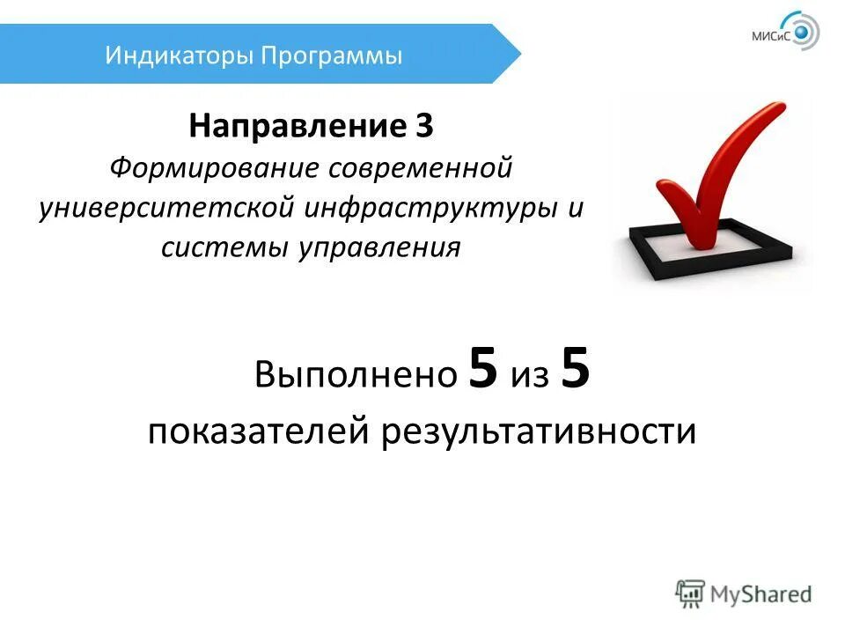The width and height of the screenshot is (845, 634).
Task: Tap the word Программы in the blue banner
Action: coord(332,56)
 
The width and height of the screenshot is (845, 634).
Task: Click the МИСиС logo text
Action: coord(772,36)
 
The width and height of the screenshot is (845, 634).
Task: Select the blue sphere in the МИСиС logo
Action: coord(802,34)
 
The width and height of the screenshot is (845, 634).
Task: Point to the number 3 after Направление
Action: coord(424,127)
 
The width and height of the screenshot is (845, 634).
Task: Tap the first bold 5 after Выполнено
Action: coord(483,371)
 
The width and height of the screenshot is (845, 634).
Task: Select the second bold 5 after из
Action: coord(575,371)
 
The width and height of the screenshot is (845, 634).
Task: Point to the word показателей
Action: coord(259,432)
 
